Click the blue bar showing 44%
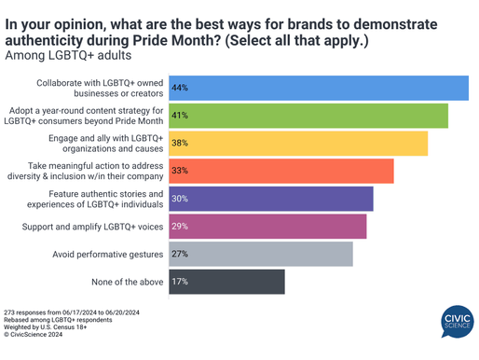click(317, 88)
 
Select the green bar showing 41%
click(308, 116)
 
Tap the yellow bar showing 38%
click(297, 144)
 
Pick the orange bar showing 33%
click(280, 171)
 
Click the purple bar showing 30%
click(270, 199)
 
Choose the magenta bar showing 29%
click(267, 227)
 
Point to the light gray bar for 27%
click(260, 254)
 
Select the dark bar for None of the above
click(226, 282)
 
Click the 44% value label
click(180, 88)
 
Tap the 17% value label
click(180, 282)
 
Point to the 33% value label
click(180, 171)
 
